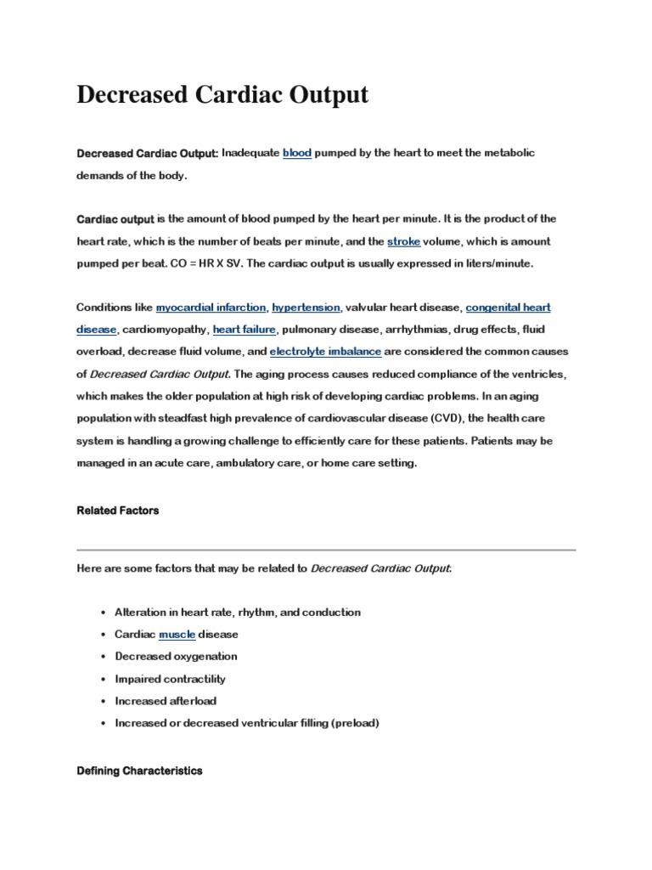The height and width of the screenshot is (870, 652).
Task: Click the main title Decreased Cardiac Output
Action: point(222,94)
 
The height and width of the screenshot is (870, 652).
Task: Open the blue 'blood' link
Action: point(296,153)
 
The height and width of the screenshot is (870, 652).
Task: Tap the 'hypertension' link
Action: point(306,307)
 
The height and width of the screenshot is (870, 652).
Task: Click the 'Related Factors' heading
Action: point(117,511)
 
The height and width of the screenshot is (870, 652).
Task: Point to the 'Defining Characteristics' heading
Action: point(139,771)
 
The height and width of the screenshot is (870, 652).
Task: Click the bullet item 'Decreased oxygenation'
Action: point(176,657)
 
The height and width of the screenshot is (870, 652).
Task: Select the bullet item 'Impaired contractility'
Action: point(170,679)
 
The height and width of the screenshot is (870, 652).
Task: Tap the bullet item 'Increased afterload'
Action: point(165,701)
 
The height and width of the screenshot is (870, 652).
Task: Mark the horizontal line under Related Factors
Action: point(326,550)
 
